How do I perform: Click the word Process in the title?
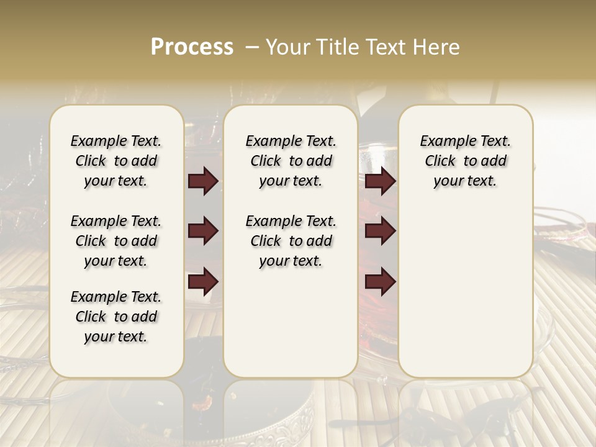192,47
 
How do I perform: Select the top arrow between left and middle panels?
203,181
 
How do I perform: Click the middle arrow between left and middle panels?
203,231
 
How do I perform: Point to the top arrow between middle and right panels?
380,181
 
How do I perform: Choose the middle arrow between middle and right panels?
380,231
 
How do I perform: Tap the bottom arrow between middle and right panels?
380,282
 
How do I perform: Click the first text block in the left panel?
116,161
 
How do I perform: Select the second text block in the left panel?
116,241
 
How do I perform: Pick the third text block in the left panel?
116,317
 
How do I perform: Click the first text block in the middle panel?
291,161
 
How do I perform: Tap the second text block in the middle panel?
291,241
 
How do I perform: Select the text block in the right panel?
465,161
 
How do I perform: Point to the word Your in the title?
284,47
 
